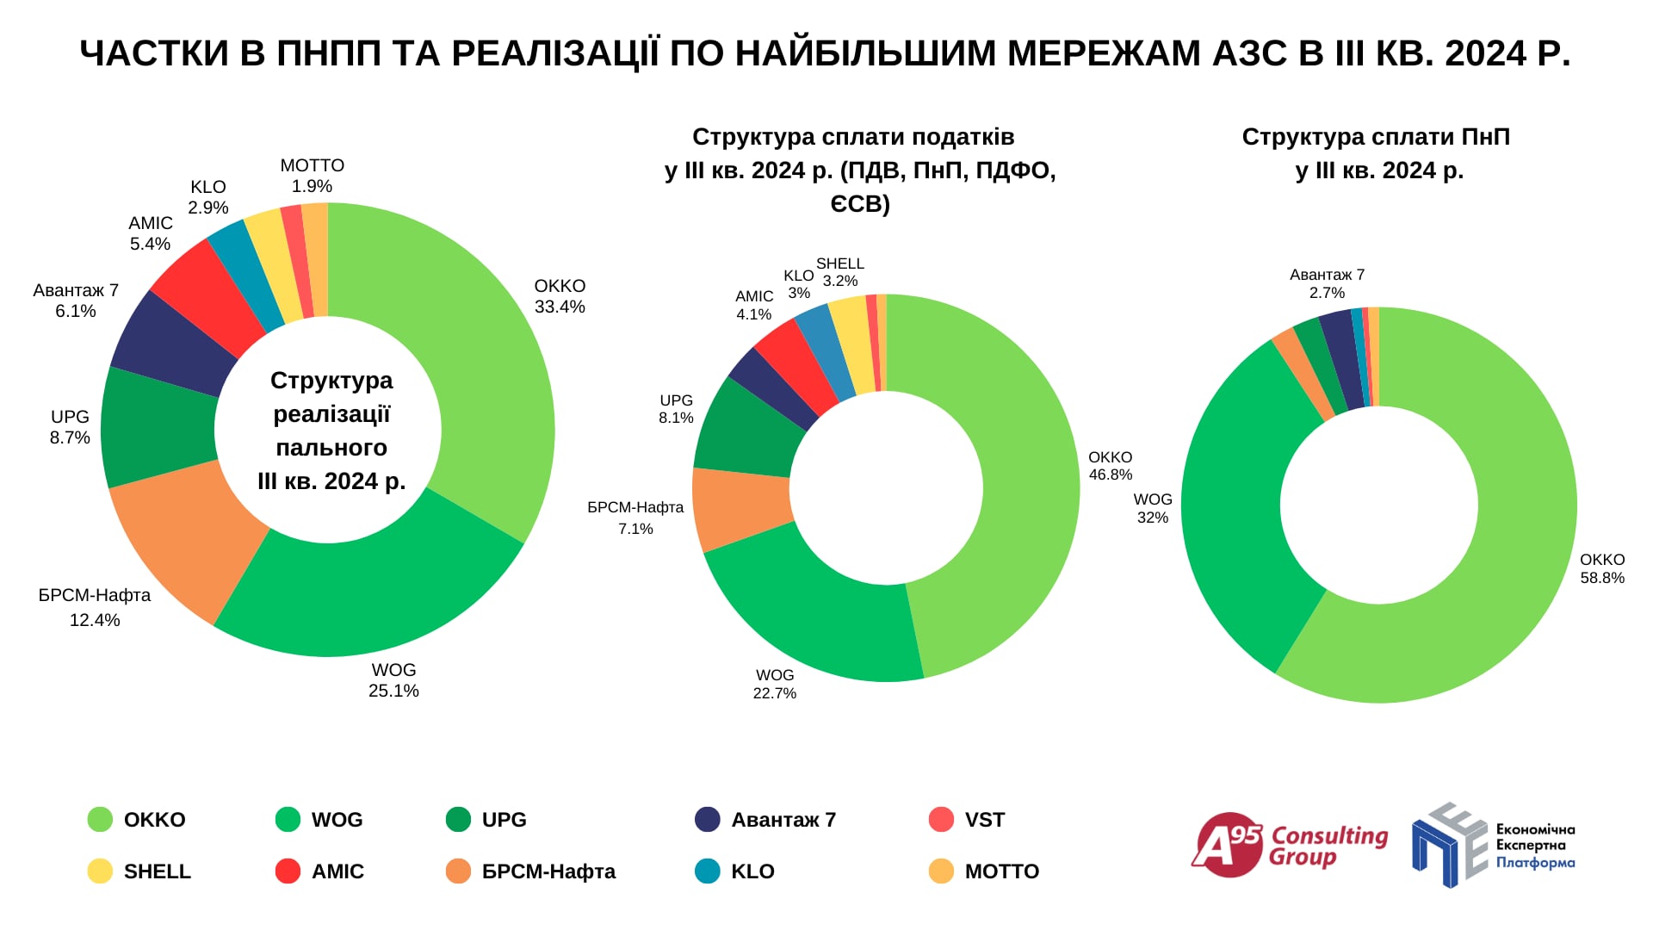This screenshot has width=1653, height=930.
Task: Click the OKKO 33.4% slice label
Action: [560, 296]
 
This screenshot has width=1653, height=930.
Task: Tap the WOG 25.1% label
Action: [393, 680]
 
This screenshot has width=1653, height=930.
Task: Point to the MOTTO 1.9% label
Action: [312, 176]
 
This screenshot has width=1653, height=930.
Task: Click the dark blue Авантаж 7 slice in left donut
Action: [168, 340]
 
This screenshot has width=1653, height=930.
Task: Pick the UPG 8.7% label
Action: [70, 427]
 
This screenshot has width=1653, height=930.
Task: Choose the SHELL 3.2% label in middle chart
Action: [840, 272]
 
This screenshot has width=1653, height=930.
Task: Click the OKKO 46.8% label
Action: [1111, 466]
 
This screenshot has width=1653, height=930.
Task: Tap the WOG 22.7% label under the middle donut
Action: [775, 684]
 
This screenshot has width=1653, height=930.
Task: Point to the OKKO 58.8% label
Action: [1602, 568]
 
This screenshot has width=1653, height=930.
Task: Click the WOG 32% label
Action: [1153, 508]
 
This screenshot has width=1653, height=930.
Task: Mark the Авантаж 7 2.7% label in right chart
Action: [1327, 283]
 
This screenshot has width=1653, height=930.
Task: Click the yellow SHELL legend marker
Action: [100, 871]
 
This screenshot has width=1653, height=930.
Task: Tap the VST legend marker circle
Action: [942, 820]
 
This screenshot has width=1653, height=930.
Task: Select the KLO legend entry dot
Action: [708, 871]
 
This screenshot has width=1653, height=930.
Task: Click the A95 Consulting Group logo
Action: [1290, 845]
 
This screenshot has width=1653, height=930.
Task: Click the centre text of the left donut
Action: [331, 431]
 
